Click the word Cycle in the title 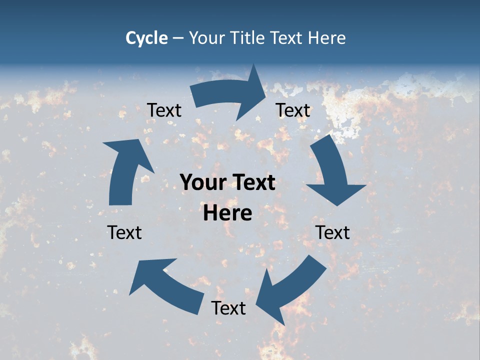click(x=146, y=38)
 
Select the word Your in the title click(x=205, y=38)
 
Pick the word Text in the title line click(x=285, y=38)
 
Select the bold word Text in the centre click(x=252, y=183)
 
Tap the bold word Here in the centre click(x=227, y=213)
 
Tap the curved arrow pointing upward click(x=125, y=170)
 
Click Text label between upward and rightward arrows click(x=164, y=110)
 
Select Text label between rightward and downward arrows click(x=293, y=110)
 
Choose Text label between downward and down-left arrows click(x=332, y=232)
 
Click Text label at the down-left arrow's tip click(x=228, y=308)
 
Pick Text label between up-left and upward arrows click(x=124, y=232)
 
